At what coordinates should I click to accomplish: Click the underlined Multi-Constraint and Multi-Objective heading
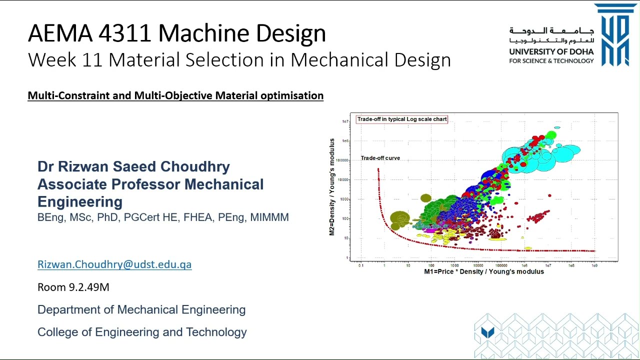coord(175,95)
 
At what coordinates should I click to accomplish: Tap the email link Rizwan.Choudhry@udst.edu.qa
coord(114,264)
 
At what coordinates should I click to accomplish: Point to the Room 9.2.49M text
coord(73,287)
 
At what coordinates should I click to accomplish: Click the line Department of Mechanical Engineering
coord(141,309)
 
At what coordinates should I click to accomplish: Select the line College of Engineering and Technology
coord(142,332)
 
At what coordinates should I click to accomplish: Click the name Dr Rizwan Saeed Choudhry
coord(133,166)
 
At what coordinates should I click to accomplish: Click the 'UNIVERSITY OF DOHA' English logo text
coord(551,51)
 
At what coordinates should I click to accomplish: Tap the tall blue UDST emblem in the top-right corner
coord(615,35)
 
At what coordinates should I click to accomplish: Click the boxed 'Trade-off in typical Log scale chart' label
coord(402,119)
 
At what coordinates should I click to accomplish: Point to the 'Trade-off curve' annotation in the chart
coord(380,158)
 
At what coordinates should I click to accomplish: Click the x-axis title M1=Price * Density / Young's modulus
coord(483,271)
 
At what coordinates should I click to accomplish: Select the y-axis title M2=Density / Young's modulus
coord(331,187)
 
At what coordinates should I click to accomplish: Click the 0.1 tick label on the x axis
coord(361,265)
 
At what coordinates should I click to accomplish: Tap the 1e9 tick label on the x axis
coord(594,265)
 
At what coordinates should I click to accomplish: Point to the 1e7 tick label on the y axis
coord(345,121)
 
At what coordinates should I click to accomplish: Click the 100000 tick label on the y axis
coord(342,160)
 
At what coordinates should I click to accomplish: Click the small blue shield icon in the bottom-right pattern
coord(487,332)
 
